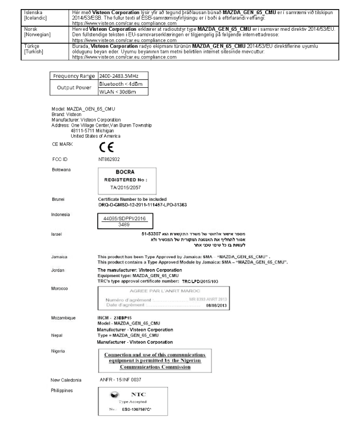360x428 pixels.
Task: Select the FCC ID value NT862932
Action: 109,158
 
